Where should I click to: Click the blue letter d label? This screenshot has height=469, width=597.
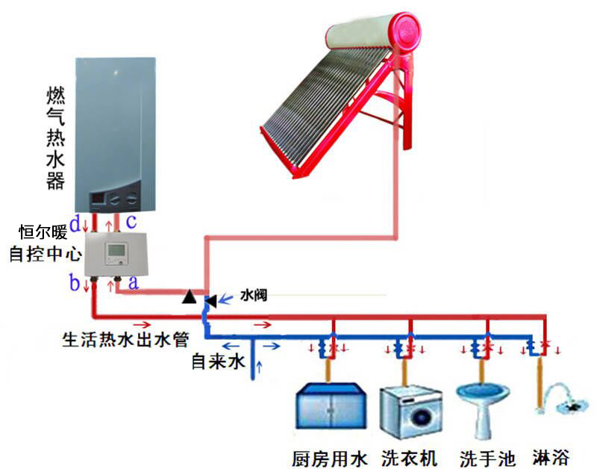(x=75, y=223)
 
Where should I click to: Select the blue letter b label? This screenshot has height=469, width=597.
(x=75, y=283)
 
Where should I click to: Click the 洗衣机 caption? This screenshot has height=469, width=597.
(x=410, y=456)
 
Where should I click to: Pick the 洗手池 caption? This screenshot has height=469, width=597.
(x=488, y=456)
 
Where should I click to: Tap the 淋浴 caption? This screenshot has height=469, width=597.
(x=551, y=456)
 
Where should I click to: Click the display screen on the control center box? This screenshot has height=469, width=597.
(x=116, y=249)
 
